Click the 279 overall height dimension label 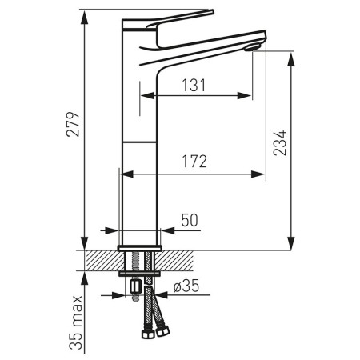(73, 124)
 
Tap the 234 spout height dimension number (280, 142)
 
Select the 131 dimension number (194, 86)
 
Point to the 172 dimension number (194, 162)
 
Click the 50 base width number (190, 220)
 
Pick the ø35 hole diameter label (186, 286)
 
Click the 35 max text (76, 323)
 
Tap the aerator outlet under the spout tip (252, 48)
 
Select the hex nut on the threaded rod (136, 286)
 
